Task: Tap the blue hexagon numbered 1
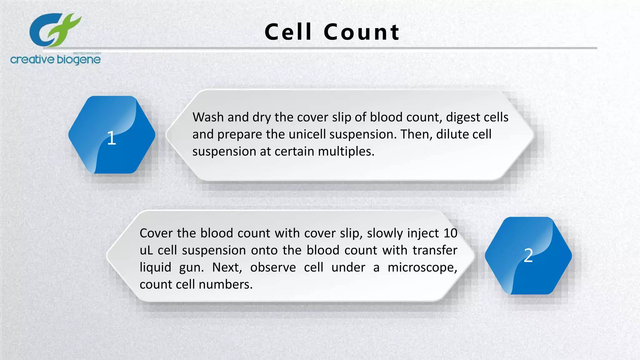coord(112,135)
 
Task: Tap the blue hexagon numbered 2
coord(528,256)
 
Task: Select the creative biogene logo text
coord(55,59)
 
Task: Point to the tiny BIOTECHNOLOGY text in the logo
coord(87,53)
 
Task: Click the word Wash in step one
coord(208,117)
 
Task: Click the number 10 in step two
coord(450,233)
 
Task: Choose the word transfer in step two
coord(435,250)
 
